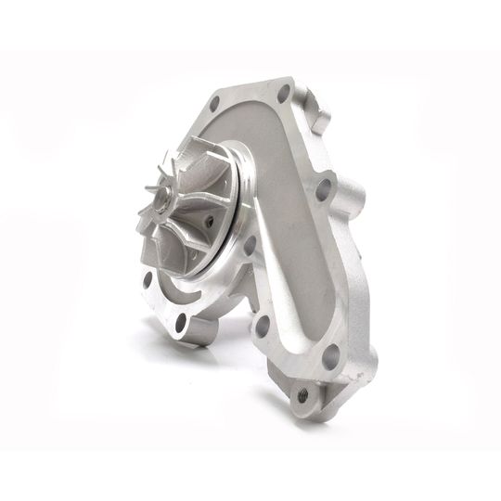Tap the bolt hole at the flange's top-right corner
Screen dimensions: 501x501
point(284,94)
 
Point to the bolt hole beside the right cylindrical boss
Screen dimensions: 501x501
point(323,189)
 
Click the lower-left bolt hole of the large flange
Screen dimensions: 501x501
point(263,326)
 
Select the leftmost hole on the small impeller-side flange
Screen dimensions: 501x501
point(147,277)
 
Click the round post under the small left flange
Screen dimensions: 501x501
point(199,333)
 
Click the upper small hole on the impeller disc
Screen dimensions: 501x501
point(209,221)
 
